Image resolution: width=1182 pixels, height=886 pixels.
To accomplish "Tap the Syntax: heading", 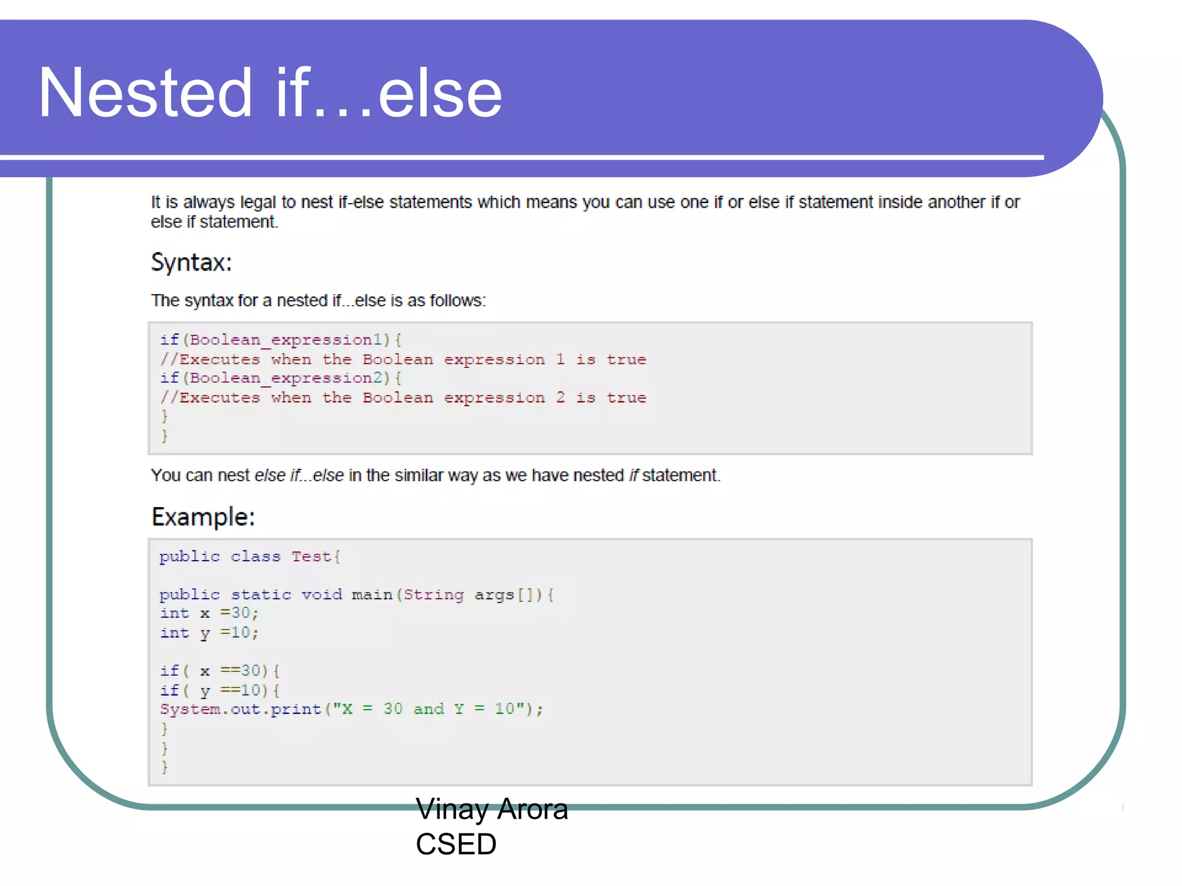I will tap(191, 263).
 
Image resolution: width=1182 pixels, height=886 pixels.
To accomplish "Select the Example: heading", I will tap(203, 517).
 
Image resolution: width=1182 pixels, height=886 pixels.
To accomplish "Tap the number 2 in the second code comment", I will tap(560, 397).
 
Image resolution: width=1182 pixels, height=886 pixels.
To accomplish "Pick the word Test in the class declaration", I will tap(311, 557).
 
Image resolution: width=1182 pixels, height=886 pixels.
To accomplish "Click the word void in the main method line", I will tap(321, 595).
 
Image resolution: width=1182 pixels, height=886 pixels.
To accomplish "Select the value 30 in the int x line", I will tap(241, 613).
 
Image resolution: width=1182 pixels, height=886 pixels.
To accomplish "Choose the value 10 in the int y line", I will tap(241, 633).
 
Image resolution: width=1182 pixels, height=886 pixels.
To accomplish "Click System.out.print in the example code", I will tap(240, 709).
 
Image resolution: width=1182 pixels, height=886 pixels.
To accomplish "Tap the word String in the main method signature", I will tap(433, 595).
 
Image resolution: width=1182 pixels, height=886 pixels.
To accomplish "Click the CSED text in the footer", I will tap(455, 844).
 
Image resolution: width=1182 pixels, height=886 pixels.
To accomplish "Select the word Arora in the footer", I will tap(532, 809).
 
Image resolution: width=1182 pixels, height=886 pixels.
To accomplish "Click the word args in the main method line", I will tap(494, 595).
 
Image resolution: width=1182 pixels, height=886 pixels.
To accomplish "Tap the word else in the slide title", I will tap(440, 93).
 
